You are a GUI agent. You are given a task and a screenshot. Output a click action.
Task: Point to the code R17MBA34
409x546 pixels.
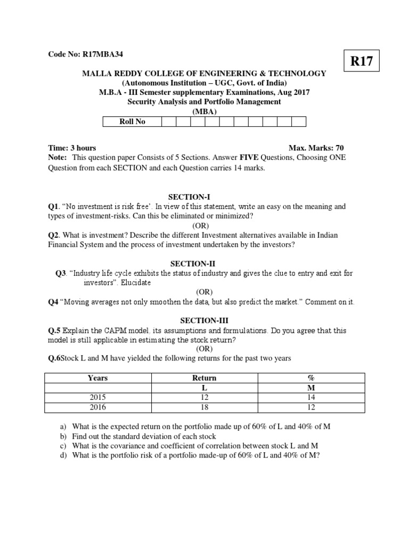105,54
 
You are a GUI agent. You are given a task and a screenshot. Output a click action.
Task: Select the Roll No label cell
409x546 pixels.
132,122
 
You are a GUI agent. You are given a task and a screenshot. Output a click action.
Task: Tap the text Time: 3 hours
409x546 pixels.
72,148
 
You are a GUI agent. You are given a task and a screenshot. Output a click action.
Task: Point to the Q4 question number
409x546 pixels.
54,302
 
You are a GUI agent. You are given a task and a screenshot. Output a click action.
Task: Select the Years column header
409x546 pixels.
97,378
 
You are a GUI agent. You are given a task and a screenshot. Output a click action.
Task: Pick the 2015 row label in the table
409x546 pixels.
97,398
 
